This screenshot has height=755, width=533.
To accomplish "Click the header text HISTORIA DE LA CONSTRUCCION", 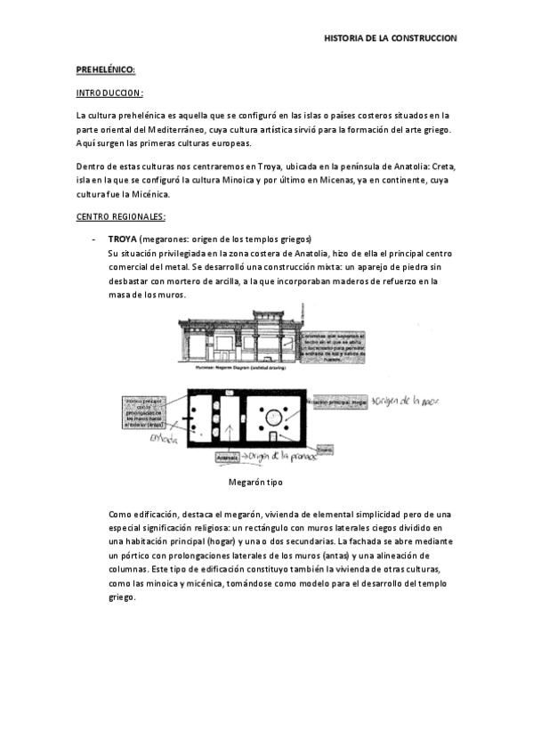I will tap(390, 38).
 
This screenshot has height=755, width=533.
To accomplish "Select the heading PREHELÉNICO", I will tap(105, 69).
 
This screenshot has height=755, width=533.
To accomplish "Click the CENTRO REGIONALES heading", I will tap(121, 216).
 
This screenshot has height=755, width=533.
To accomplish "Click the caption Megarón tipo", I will tap(255, 481).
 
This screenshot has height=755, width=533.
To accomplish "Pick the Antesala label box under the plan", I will tap(229, 458).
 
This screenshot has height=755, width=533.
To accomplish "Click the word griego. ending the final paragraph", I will tap(122, 597).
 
